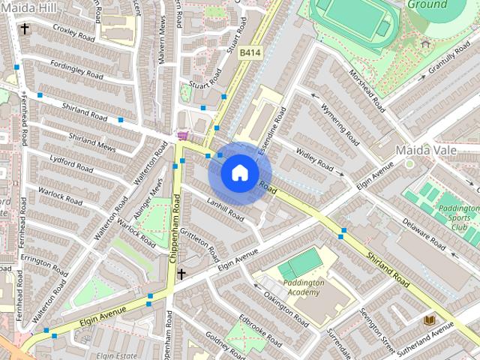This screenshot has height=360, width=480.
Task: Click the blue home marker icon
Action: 238,173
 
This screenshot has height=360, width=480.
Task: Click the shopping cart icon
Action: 181,136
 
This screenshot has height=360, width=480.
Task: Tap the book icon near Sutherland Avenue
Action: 430,320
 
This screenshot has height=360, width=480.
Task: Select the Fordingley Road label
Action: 71,75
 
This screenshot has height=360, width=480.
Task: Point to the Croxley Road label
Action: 73,34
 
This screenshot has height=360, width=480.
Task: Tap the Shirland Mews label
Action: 91,142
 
